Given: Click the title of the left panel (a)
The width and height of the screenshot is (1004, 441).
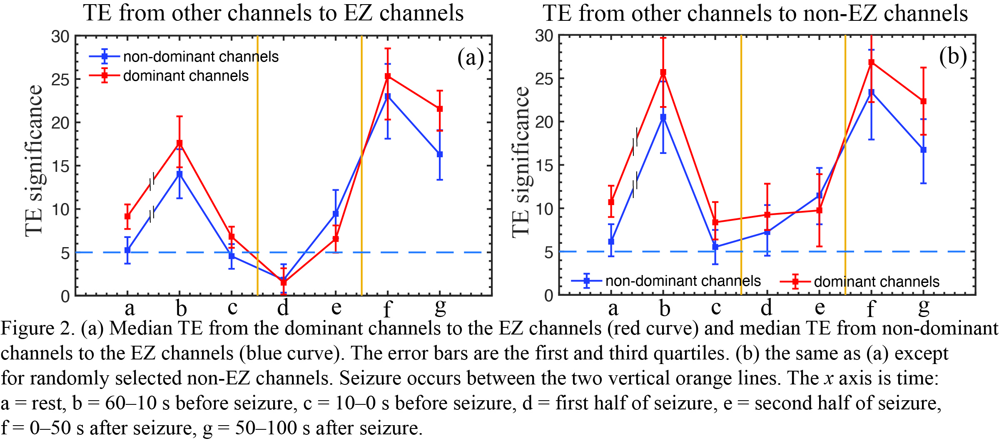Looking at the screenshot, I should pos(273,13).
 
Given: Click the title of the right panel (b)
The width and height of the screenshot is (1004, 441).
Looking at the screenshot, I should pos(755,13).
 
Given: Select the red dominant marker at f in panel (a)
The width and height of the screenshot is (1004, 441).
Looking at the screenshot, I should pos(388,76).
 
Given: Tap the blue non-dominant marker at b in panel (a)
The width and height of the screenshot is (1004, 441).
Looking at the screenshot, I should pos(179,174).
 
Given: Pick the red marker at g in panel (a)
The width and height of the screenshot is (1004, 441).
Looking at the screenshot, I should pos(440,109).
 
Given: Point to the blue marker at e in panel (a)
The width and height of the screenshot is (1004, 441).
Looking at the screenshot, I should pos(336,214).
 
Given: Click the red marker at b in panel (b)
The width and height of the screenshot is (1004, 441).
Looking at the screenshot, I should pos(663,72).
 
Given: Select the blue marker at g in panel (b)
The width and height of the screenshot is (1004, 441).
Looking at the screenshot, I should pos(923,150).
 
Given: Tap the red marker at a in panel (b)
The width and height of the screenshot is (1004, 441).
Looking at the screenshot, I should pos(611,202).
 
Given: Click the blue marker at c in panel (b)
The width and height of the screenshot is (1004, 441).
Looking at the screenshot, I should pos(715,247).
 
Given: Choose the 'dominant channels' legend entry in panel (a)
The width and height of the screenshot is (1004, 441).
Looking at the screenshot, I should pos(186,76).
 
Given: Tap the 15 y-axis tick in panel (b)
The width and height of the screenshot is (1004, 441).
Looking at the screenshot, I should pos(545,166).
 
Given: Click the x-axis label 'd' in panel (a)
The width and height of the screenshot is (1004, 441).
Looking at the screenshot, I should pos(283,308).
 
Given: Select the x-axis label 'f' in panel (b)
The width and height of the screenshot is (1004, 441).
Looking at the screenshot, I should pos(871,309).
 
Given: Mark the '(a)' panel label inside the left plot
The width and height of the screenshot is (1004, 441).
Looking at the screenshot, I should pos(470,57).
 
